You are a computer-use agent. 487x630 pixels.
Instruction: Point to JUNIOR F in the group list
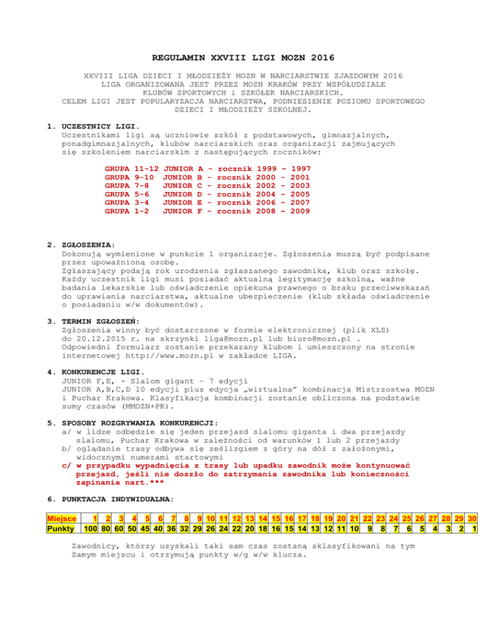point(183,211)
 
